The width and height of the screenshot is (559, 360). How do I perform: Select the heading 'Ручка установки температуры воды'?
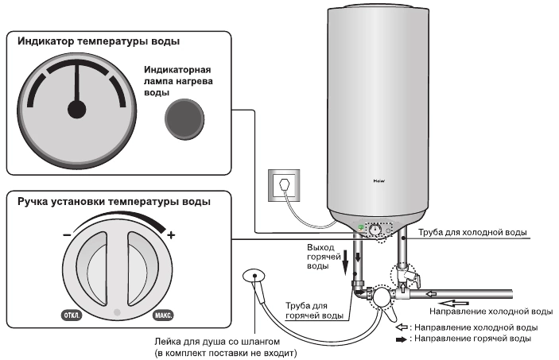[x=114, y=202]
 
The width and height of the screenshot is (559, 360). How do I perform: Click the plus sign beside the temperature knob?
[x=170, y=235]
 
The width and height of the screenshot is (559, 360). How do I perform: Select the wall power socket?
[x=283, y=184]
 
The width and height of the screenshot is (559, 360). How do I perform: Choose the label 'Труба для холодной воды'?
[x=465, y=233]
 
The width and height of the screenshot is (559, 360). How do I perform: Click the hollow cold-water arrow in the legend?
[x=402, y=327]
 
